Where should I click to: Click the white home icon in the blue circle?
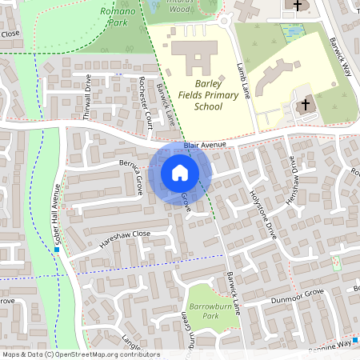click(x=179, y=172)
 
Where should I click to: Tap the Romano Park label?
click(x=118, y=17)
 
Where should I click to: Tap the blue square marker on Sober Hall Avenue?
click(x=58, y=250)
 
